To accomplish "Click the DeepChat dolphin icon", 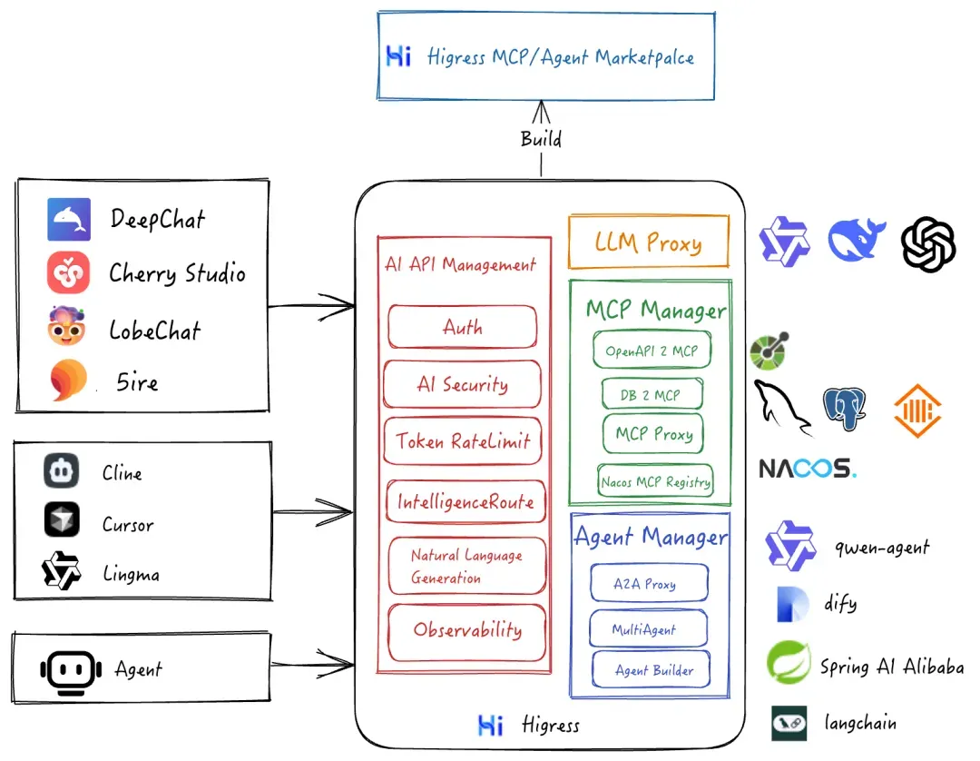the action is [69, 220].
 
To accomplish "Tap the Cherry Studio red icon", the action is [68, 272].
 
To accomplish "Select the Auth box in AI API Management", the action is [463, 326].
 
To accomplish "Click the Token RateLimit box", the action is [463, 440].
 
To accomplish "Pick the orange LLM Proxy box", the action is [649, 242].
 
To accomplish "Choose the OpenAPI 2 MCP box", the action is [652, 351].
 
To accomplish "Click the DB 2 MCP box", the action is [652, 394].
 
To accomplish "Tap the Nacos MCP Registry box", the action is [655, 480].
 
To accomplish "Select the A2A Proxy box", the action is [649, 583].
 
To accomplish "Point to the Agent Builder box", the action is [652, 669].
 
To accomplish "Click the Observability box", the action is [466, 632].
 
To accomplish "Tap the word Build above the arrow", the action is [541, 138].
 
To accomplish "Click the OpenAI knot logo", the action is [928, 244].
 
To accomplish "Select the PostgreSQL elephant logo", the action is [845, 409].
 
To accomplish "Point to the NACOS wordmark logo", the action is [808, 469].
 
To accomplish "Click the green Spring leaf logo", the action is [789, 662].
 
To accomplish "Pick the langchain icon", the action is [789, 724].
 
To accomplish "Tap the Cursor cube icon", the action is [62, 519].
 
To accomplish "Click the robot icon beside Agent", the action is [71, 672].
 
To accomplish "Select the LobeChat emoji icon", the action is [66, 326].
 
